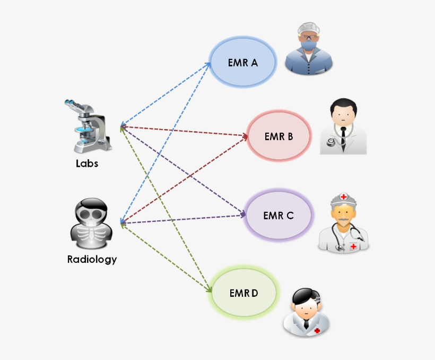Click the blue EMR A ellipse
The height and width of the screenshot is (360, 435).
click(x=243, y=63)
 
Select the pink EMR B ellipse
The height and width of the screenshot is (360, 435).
click(x=279, y=136)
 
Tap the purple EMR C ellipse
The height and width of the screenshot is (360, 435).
click(x=278, y=216)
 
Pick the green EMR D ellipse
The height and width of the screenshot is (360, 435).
click(x=244, y=293)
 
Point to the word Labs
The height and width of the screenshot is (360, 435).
click(x=87, y=164)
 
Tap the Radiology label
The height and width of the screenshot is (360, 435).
click(x=92, y=260)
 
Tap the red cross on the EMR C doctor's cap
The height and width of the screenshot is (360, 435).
click(x=344, y=197)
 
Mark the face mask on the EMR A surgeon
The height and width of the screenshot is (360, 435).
click(x=309, y=47)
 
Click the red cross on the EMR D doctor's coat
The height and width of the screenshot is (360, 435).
click(x=317, y=330)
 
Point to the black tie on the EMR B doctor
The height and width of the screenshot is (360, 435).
click(x=343, y=137)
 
